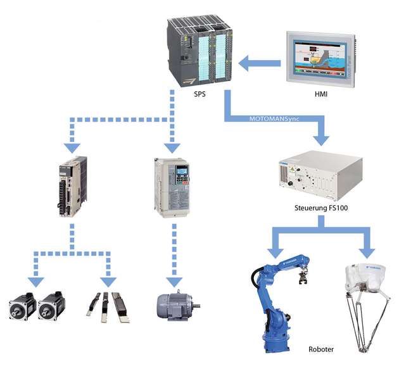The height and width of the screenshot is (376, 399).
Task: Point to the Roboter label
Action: tap(321, 349)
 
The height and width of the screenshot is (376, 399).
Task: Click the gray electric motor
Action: tap(175, 306)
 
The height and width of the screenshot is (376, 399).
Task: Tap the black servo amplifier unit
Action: tap(72, 188)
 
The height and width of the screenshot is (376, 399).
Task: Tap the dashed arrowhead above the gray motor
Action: tap(172, 279)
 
